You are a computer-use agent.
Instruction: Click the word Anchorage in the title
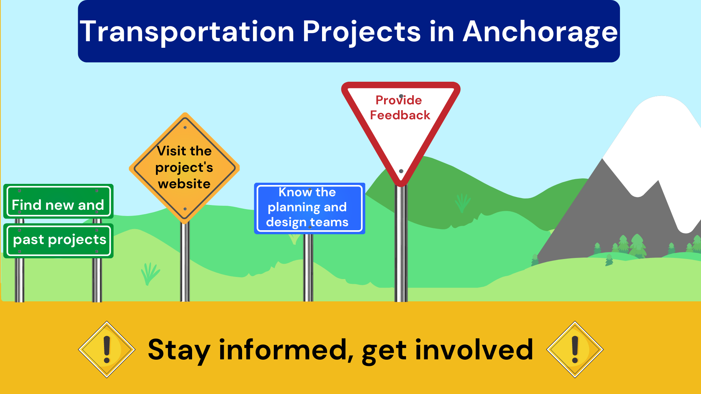[x=540, y=32]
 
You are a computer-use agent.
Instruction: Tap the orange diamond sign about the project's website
[x=184, y=167]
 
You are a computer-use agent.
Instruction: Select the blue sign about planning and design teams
[x=309, y=208]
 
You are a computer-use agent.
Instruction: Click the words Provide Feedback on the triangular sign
[x=400, y=108]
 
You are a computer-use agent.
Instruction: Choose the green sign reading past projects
[x=58, y=240]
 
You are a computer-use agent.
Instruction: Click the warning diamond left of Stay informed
[x=107, y=349]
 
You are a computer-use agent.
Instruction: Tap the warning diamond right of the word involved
[x=575, y=349]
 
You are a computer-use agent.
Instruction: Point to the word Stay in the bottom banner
[x=179, y=350]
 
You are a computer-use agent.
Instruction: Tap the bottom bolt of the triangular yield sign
[x=401, y=171]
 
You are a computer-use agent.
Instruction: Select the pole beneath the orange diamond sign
[x=185, y=263]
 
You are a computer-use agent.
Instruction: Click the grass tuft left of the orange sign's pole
[x=150, y=274]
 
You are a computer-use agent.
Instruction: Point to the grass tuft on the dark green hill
[x=462, y=203]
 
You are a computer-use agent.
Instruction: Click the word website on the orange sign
[x=184, y=184]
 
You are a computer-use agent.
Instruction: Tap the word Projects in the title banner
[x=361, y=32]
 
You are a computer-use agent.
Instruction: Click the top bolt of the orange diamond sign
[x=185, y=128]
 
